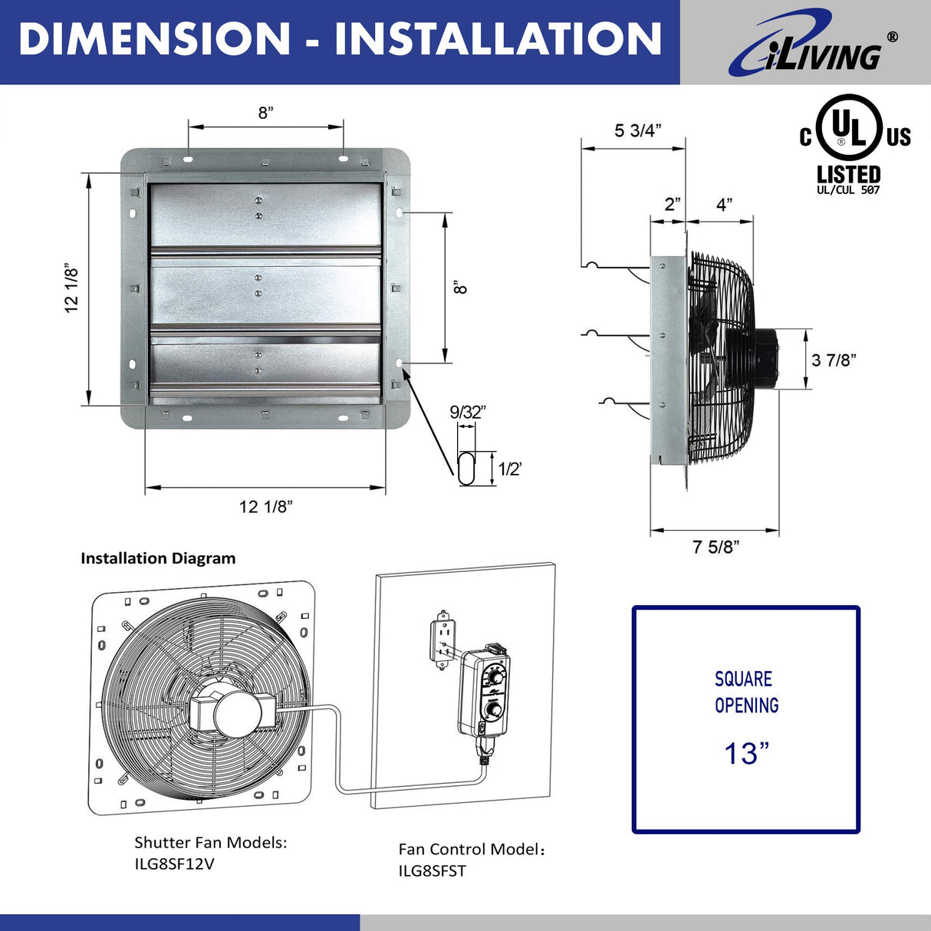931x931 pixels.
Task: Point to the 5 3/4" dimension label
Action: click(637, 130)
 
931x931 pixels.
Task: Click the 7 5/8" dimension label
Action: click(715, 547)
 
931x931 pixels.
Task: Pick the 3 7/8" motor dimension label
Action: click(834, 360)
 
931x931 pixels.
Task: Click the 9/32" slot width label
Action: click(467, 412)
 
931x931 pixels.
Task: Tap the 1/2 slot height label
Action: click(510, 469)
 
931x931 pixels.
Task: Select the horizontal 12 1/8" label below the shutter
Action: click(265, 506)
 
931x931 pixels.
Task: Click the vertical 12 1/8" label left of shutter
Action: click(71, 288)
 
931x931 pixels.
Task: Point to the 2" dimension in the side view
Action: click(673, 204)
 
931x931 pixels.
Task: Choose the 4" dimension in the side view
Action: click(724, 204)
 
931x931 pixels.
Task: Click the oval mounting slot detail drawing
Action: click(466, 468)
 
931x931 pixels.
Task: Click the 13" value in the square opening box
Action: click(745, 753)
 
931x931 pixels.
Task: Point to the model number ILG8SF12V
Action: click(174, 864)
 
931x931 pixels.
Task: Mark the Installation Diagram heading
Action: click(158, 558)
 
